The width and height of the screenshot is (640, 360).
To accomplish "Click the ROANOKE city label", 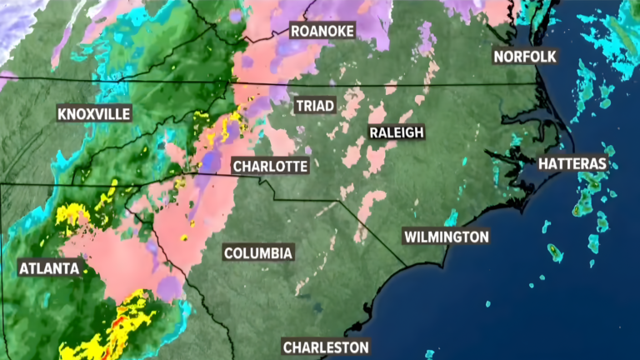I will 322,31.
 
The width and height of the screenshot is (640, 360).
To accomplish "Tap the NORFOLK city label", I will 525,57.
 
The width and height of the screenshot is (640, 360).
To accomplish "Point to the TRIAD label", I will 315,106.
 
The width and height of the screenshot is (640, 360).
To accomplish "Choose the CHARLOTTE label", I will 270,167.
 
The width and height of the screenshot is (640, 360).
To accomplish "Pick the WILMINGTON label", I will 447,237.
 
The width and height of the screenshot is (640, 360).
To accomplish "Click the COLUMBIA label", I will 258,252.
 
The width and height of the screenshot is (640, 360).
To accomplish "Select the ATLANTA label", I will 49,268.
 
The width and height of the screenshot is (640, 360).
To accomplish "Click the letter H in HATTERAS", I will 543,163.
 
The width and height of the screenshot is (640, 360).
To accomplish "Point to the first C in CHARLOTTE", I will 237,167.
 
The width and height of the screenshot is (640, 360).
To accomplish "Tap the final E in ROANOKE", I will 351,31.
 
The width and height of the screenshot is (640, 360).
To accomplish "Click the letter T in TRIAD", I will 299,106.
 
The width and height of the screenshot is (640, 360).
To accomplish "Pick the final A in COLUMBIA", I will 287,252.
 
